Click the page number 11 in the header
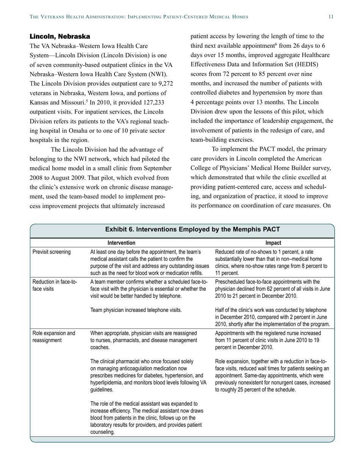coord(331,17)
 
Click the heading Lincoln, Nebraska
coord(60,37)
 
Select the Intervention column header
coord(121,243)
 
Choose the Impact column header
coord(273,243)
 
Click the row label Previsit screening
coord(52,252)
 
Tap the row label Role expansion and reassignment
coord(54,337)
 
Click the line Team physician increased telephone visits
coord(136,310)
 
